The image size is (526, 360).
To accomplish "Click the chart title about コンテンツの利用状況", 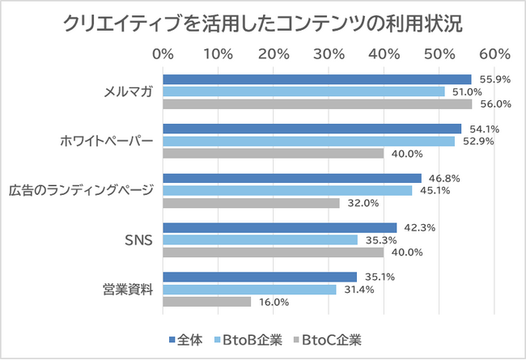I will (x=263, y=23).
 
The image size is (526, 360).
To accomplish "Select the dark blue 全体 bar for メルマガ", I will (x=316, y=79).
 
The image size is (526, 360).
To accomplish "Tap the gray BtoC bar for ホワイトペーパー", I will (x=274, y=154).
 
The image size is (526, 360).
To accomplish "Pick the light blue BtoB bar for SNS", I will (x=260, y=239).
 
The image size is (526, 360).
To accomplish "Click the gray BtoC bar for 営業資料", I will (x=207, y=302).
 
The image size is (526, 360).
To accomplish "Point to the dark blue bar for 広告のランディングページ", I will (x=292, y=178).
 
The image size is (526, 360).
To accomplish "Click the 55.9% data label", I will (x=495, y=79).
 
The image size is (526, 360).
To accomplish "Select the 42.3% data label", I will (x=419, y=227).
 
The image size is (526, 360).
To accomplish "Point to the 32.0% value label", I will (x=362, y=203).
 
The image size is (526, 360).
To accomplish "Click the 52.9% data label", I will (x=477, y=142).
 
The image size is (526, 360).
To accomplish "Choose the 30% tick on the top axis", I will (x=329, y=54).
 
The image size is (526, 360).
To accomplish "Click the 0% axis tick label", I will (x=163, y=54).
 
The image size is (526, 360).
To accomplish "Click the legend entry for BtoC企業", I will (x=333, y=339).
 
